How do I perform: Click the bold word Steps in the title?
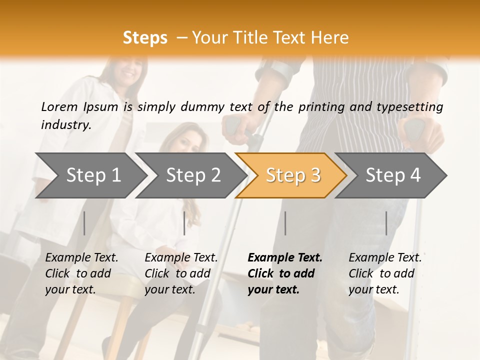145,38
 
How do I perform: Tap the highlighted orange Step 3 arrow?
293,175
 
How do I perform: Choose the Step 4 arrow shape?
393,175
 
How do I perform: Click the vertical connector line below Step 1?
84,223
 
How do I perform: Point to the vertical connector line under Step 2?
184,223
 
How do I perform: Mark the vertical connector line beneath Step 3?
285,223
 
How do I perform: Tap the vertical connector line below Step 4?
386,223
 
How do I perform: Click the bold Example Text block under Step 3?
285,273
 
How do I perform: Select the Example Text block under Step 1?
81,273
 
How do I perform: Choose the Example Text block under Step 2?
181,273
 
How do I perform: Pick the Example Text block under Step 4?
385,273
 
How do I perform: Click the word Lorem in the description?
59,106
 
